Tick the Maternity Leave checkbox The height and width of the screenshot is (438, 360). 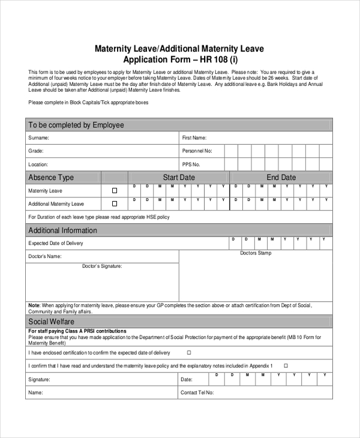[x=115, y=191]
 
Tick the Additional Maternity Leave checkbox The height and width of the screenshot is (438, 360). [x=115, y=204]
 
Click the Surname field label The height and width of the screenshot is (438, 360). [x=39, y=138]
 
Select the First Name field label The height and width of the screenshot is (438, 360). [x=194, y=138]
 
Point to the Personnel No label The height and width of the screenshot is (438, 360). [x=197, y=151]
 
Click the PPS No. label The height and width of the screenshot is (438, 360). [x=191, y=164]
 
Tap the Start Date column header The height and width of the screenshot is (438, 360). [x=179, y=178]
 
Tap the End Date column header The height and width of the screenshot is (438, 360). [x=281, y=178]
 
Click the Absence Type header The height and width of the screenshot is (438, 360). [x=51, y=178]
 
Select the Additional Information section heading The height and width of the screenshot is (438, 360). [x=62, y=230]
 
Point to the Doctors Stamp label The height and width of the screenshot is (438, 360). [x=256, y=254]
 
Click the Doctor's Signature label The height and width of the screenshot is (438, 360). [x=102, y=266]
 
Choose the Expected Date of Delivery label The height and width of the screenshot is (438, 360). [x=56, y=244]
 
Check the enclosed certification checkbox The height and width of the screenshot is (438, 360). [x=189, y=353]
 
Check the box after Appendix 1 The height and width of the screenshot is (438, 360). [x=286, y=365]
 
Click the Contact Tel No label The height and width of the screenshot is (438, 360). [x=197, y=394]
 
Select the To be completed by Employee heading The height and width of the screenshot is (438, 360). [x=76, y=125]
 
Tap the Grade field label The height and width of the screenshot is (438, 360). [x=36, y=151]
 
